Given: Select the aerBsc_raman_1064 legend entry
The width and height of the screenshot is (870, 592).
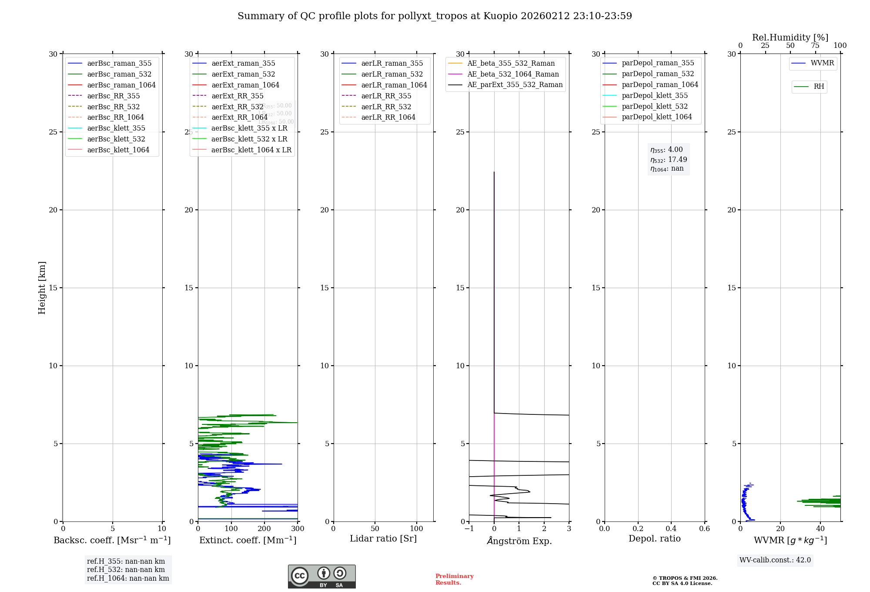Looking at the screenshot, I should point(121,85).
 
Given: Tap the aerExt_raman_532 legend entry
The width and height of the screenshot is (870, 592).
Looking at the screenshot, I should point(243,74).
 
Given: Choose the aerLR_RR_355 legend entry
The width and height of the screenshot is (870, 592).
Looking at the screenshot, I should point(386,96).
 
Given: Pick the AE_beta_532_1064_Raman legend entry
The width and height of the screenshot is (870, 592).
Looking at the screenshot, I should point(513,74).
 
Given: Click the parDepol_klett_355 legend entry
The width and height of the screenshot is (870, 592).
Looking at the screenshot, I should point(655,95).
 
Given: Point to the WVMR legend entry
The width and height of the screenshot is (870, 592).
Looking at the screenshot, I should point(822,63).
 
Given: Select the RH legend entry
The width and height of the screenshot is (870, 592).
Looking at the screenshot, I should point(819,87).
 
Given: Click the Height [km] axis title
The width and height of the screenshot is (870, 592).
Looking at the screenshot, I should point(42,288).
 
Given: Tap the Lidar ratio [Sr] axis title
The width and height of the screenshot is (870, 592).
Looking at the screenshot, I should point(383,539).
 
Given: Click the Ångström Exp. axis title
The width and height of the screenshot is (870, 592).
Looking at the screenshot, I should point(519,541).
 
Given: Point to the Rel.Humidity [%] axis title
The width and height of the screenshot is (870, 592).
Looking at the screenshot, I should point(790,37).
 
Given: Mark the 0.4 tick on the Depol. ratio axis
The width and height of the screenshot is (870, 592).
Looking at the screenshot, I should point(671,529).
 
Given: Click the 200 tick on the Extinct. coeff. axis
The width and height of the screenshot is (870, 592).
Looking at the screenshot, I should point(264,529).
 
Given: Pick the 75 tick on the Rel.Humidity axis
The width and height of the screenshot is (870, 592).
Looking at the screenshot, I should point(815,46).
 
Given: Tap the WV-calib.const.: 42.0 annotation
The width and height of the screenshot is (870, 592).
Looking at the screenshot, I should point(775,560).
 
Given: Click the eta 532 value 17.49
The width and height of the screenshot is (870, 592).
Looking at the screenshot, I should point(678,160).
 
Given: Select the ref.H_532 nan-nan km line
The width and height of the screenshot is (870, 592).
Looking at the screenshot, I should point(126,570).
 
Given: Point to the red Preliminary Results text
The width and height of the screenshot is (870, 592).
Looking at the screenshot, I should point(454,579).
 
